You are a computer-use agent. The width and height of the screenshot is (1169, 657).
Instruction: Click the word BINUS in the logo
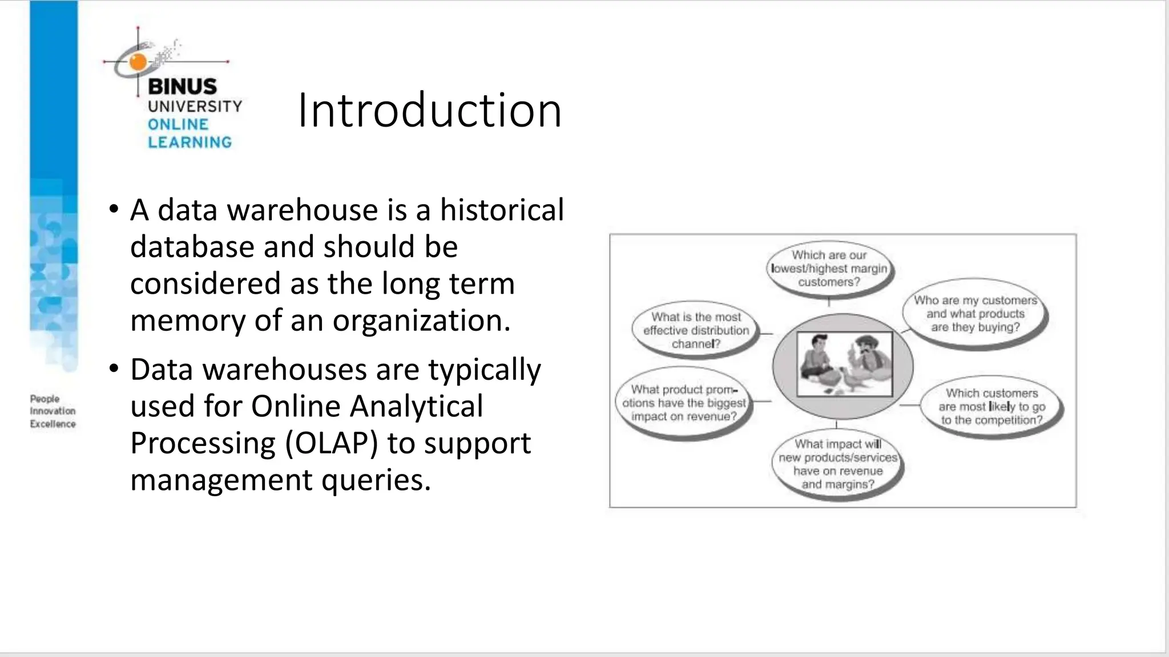(x=182, y=87)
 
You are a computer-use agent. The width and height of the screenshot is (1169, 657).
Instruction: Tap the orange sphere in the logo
(x=138, y=62)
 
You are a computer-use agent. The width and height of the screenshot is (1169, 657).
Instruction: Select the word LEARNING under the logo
(x=190, y=142)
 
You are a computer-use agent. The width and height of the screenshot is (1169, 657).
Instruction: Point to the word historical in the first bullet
(x=502, y=210)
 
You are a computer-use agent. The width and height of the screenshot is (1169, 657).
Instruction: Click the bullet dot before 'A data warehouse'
(x=114, y=208)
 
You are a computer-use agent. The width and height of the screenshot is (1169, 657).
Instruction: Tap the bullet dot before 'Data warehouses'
(x=114, y=368)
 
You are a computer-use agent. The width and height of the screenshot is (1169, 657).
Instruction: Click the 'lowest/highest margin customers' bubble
(x=829, y=269)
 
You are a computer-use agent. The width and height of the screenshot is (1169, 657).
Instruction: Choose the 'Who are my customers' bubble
(x=975, y=314)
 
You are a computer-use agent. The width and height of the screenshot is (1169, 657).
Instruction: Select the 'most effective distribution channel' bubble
(x=696, y=330)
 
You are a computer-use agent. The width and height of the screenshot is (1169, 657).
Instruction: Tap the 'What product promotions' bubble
(x=683, y=403)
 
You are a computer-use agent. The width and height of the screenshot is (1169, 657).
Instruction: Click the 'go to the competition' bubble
(x=991, y=407)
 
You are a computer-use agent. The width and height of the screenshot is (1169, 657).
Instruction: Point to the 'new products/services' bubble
(x=837, y=464)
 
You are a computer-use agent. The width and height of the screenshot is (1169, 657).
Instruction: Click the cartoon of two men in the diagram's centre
(x=844, y=364)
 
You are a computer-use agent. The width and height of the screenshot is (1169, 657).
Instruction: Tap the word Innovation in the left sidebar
(x=53, y=411)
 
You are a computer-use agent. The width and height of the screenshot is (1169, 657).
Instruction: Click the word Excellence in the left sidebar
(x=53, y=424)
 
